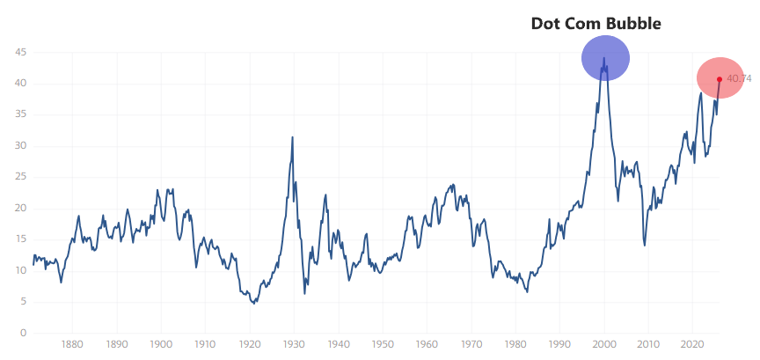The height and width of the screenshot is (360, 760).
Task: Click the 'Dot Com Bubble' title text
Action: [596, 24]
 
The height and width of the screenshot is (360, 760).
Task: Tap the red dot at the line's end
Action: [720, 79]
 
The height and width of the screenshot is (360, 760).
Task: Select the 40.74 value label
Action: [739, 79]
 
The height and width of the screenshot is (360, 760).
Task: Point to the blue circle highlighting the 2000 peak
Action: [605, 58]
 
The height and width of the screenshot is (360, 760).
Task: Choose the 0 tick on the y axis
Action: [24, 334]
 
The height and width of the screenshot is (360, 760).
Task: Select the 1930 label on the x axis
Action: [294, 346]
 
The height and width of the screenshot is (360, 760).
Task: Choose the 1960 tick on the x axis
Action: [427, 346]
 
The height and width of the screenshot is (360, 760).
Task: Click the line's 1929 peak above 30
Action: [292, 137]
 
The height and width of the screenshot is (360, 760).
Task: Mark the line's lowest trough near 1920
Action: [253, 303]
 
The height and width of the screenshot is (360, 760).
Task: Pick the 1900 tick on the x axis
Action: [161, 346]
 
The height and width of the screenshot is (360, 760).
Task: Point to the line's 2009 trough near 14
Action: [645, 245]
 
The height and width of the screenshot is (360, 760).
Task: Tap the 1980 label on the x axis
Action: [515, 346]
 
